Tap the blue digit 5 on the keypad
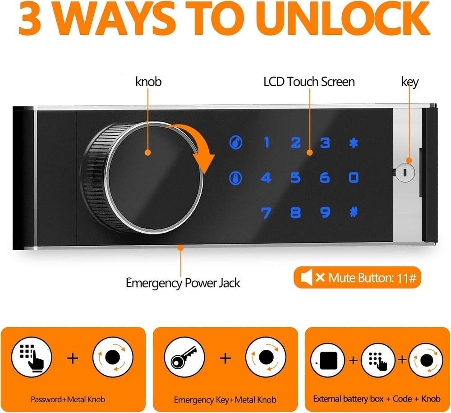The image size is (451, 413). pos(295,178)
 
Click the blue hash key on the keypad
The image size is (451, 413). pos(354,211)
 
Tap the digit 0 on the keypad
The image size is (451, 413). pos(354,178)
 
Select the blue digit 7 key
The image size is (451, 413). pos(266,212)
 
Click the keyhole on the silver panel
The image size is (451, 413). pos(405,172)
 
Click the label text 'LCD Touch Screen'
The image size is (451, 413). pos(309,82)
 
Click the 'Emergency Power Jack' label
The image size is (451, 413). pos(183,283)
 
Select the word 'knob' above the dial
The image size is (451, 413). pos(148,82)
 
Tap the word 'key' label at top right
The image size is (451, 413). pos(410,82)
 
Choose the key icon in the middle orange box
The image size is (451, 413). pos(182,359)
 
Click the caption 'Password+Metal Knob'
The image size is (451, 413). pos(68,399)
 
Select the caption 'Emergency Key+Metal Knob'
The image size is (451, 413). pos(225,399)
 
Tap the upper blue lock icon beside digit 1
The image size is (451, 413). pos(235,143)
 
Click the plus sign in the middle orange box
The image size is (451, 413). pos(225,359)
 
